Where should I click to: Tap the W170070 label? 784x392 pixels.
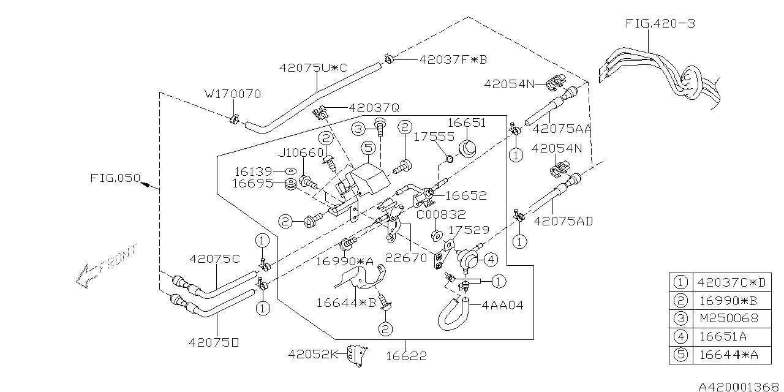[233, 94]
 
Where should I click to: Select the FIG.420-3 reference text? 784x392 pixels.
[660, 24]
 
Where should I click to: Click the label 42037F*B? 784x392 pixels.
[453, 59]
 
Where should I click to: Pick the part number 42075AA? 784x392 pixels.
[562, 129]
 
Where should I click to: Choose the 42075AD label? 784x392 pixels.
[563, 221]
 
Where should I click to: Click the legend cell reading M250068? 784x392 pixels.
[728, 318]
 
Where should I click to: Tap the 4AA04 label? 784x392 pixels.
[503, 304]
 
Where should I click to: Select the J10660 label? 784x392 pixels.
[302, 153]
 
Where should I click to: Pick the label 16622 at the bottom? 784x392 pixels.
[405, 355]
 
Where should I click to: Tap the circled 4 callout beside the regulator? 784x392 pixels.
[492, 259]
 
